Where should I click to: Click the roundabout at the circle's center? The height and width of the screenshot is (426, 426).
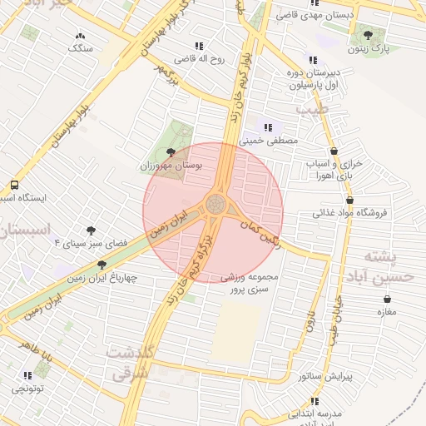215,204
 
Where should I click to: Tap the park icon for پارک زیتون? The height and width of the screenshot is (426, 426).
369,35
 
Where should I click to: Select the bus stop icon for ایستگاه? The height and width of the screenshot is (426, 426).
14,186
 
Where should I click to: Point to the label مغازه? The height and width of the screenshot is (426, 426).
387,312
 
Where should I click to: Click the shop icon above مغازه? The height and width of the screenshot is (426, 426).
387,300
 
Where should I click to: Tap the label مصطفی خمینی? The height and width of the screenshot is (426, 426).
269,141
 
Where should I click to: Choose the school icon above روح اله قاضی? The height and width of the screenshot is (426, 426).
198,46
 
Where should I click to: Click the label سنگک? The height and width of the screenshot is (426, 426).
81,48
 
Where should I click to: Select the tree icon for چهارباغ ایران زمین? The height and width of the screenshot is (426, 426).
102,265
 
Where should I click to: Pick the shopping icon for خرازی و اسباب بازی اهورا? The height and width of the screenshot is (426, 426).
334,151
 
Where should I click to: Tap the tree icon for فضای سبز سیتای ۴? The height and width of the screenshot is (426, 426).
91,230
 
